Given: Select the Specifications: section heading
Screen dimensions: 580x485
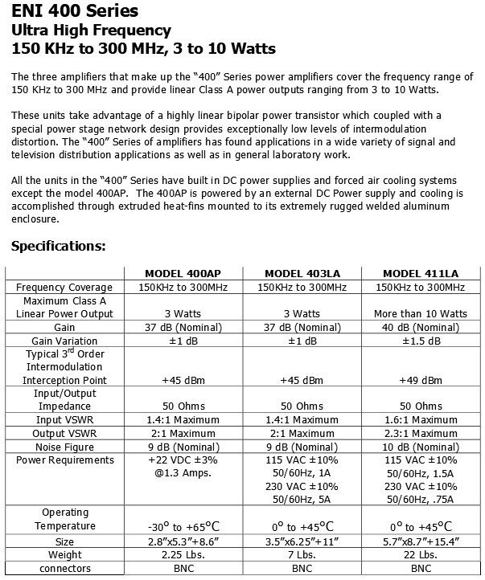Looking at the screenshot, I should tap(59, 246).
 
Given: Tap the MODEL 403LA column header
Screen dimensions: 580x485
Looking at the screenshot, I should tap(302, 272).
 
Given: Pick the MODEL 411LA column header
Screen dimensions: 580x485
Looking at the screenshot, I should tap(420, 272).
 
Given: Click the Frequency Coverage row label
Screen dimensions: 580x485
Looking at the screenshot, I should tap(64, 287).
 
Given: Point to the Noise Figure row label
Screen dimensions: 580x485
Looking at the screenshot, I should tap(64, 446).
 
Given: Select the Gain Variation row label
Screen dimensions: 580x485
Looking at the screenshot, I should tap(64, 341).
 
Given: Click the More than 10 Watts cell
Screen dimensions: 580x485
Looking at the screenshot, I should tap(420, 313).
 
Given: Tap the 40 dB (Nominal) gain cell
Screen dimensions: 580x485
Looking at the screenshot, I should tap(420, 327).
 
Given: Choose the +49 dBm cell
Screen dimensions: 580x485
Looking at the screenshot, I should tap(420, 380).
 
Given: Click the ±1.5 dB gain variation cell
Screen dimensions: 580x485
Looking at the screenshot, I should tap(420, 341).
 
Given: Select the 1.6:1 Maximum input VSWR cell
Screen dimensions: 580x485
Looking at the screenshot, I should tap(420, 419).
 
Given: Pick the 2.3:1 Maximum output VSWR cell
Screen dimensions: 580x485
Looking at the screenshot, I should tap(420, 433).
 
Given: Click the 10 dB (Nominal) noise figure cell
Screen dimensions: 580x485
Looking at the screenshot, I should tap(420, 446).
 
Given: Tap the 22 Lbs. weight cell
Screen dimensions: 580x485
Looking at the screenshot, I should tap(420, 555).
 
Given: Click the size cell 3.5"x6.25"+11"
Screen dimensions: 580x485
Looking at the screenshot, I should tap(302, 541).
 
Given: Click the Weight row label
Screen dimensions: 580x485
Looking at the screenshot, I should tap(64, 555).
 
